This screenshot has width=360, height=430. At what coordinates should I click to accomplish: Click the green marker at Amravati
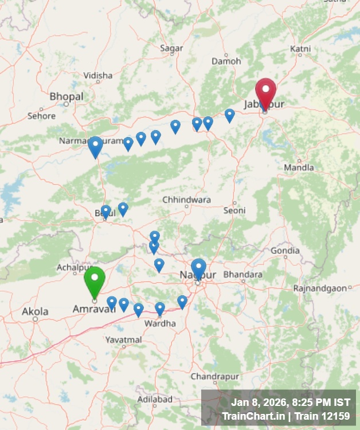tap(95, 280)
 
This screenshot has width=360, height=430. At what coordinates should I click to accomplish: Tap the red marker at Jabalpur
tap(265, 92)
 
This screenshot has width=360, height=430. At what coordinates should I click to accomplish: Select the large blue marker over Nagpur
tap(198, 268)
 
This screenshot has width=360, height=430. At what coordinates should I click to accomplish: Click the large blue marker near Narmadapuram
tap(95, 146)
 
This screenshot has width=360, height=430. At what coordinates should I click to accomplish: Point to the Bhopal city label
tap(66, 96)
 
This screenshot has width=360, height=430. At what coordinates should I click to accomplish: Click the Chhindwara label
tap(186, 200)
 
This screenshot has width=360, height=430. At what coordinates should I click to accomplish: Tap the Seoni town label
tap(234, 210)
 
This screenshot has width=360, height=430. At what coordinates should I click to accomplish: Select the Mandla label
tap(299, 167)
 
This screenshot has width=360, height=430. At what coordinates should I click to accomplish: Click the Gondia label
tap(285, 251)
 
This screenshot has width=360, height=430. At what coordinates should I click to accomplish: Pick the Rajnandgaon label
tap(320, 288)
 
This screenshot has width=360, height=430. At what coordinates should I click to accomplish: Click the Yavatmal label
tap(123, 340)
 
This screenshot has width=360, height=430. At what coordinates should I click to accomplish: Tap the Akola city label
tap(35, 312)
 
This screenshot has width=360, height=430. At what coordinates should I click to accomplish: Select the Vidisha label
tap(98, 75)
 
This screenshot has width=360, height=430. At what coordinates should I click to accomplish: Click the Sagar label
tap(171, 49)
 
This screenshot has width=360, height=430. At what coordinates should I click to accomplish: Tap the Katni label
tap(300, 49)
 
